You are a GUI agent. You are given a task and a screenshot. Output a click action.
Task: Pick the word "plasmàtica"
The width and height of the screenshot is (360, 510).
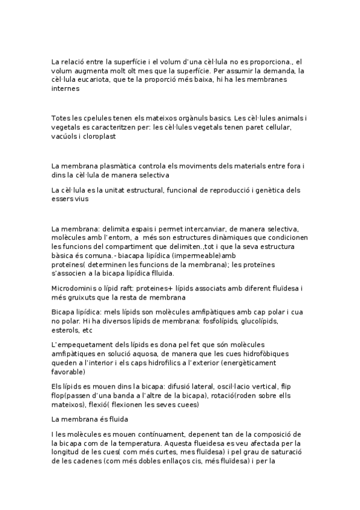pos(117,165)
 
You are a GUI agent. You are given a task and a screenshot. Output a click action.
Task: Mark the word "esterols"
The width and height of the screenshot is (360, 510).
pos(66,330)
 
